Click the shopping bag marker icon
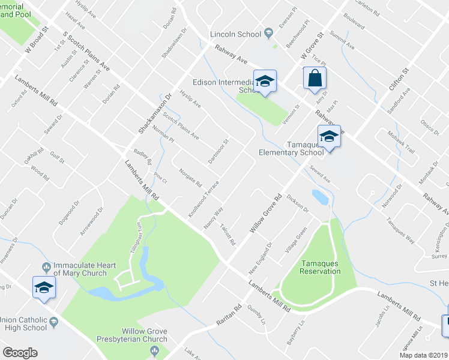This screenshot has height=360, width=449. (x=315, y=79)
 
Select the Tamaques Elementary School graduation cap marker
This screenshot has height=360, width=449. (x=329, y=137)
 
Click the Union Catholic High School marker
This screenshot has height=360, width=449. (x=44, y=287)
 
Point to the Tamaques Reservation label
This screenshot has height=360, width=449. (x=321, y=267)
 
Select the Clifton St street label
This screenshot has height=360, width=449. (x=398, y=79)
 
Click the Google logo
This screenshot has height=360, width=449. (x=20, y=353)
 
